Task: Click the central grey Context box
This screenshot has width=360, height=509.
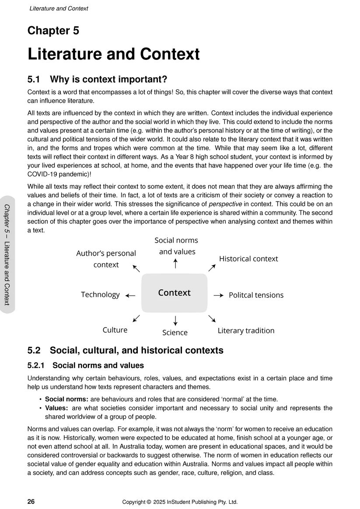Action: [174, 293]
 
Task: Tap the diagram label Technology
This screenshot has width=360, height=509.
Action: [100, 295]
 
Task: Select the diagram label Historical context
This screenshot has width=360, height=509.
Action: [248, 259]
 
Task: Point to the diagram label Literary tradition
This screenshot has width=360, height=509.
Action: [246, 331]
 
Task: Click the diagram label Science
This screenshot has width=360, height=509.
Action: [175, 333]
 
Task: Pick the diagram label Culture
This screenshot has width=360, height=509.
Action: [115, 330]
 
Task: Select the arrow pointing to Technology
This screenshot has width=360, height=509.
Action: [130, 296]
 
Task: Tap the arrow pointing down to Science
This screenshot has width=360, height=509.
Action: [175, 321]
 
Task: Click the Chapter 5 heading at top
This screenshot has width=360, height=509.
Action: [53, 31]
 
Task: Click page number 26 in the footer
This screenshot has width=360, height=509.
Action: [31, 502]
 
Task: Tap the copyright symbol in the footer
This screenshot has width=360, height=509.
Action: [149, 502]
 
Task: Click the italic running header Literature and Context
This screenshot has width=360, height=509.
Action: [59, 9]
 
